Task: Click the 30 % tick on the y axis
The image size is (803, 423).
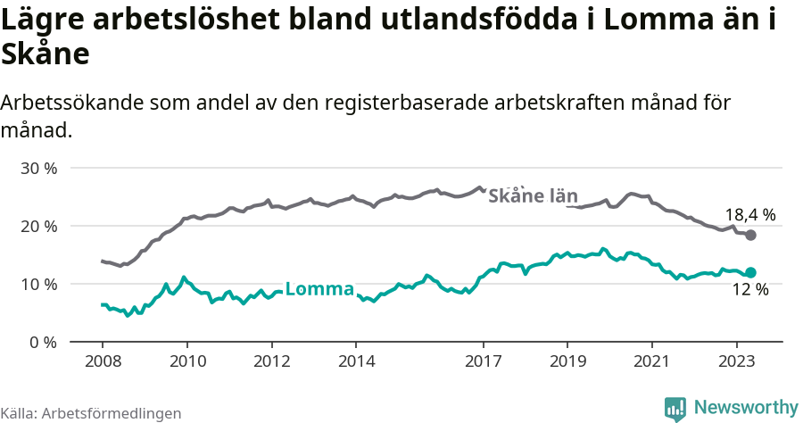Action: point(39,168)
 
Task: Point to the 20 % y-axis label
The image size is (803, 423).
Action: point(39,226)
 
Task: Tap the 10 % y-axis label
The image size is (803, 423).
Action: point(39,284)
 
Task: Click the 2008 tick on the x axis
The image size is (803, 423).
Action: point(103,361)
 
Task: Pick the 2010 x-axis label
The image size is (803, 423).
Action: point(187,361)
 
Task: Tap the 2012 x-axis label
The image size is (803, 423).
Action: point(272,361)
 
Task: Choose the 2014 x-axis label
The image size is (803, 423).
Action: point(356,361)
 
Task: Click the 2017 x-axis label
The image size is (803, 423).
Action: point(484,361)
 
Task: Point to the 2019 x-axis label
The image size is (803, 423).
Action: point(567,361)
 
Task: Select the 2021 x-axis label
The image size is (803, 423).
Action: point(652,361)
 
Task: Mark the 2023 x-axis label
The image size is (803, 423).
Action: point(737,361)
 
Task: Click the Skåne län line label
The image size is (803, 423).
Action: point(534,196)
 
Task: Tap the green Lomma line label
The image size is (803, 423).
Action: point(319,288)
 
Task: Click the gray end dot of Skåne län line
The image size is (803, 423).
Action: point(751,235)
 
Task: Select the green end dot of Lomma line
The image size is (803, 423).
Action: point(751,272)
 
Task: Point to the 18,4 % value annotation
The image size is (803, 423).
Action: point(749,215)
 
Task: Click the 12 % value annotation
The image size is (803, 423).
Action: point(749,289)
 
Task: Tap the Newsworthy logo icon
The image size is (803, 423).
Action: point(675,408)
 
